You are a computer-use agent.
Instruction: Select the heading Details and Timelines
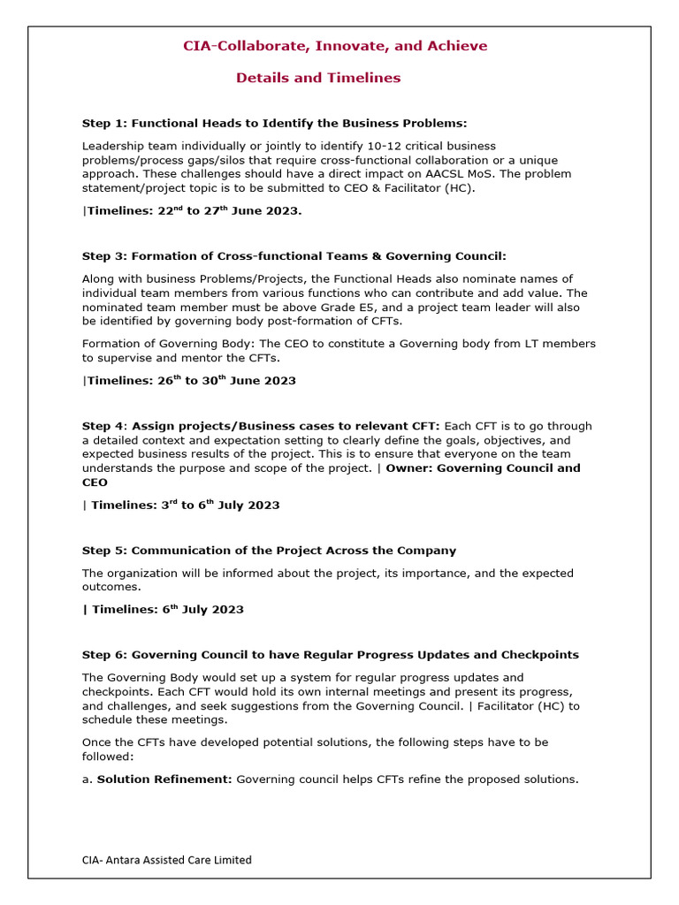pyautogui.click(x=318, y=78)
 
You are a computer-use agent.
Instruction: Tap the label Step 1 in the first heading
pyautogui.click(x=103, y=123)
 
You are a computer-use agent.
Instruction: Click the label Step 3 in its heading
pyautogui.click(x=103, y=256)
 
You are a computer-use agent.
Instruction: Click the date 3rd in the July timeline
pyautogui.click(x=167, y=506)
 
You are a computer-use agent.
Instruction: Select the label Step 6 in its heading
pyautogui.click(x=103, y=655)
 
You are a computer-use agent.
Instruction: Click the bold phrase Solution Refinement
pyautogui.click(x=164, y=780)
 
